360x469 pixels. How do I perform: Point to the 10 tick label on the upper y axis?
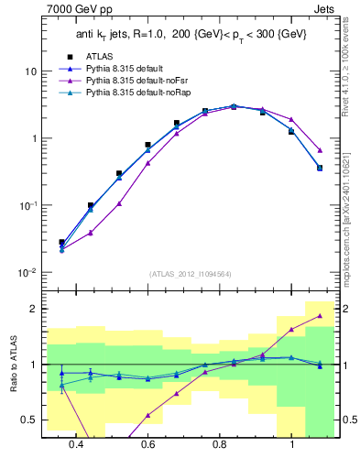[29, 71]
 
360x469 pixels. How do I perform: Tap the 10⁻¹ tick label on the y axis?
[27, 206]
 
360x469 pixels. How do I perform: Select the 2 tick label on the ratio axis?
[32, 309]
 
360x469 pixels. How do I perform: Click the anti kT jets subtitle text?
[189, 36]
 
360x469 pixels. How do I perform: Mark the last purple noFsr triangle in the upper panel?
[320, 150]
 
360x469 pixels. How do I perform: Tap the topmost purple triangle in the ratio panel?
[320, 316]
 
